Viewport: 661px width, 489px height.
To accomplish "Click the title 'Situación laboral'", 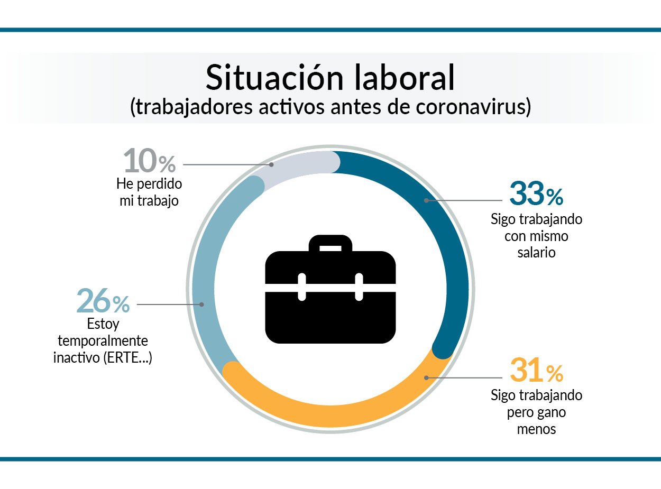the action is tap(330, 78).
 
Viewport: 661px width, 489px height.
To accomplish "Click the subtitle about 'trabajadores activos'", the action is tap(331, 107).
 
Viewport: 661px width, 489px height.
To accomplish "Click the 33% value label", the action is tap(536, 193).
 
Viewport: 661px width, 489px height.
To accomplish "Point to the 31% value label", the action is tap(536, 370).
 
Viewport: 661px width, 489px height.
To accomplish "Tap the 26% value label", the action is tap(103, 301).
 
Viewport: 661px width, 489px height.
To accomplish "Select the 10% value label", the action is tap(150, 161).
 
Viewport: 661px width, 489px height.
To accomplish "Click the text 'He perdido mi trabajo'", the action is tap(149, 192).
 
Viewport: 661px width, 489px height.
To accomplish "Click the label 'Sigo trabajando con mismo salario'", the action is tap(536, 236).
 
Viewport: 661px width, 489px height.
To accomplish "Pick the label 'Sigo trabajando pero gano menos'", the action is tap(536, 412).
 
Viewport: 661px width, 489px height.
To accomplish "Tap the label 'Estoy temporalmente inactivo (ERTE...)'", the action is tap(103, 341).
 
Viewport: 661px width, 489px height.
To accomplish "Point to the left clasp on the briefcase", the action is tap(302, 287).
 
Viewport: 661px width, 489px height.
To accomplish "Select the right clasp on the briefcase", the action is tap(359, 287).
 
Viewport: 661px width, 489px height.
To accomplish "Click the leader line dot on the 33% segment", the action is tap(426, 200).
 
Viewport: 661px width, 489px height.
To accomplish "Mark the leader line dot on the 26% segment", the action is tap(202, 305).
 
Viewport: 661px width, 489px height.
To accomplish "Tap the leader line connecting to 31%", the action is tap(464, 378).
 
